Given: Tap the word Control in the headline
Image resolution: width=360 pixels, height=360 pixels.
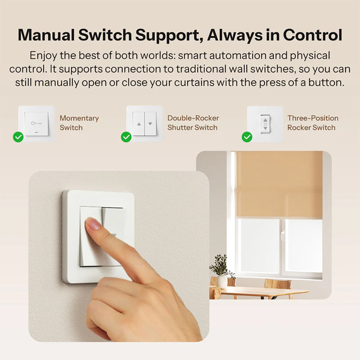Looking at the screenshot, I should pyautogui.click(x=312, y=35).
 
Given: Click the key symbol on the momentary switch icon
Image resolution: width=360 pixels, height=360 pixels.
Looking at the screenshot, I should pyautogui.click(x=36, y=123).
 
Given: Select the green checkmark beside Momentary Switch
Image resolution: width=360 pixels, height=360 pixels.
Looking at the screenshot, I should pyautogui.click(x=18, y=137).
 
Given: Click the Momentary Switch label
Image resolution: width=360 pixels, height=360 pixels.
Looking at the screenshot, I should pyautogui.click(x=79, y=123).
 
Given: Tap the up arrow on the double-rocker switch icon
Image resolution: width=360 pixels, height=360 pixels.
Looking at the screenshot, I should pyautogui.click(x=139, y=123).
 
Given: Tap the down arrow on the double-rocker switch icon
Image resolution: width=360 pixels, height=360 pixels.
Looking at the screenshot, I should pyautogui.click(x=150, y=123).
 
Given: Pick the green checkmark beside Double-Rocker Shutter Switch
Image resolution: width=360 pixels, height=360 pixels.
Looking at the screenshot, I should pyautogui.click(x=126, y=137).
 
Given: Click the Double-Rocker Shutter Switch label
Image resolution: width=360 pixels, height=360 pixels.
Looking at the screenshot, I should pyautogui.click(x=193, y=123).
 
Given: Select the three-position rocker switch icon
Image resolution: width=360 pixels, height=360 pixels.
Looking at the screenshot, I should pyautogui.click(x=265, y=124).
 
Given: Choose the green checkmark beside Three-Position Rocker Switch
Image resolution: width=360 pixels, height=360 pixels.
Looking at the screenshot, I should pyautogui.click(x=247, y=137).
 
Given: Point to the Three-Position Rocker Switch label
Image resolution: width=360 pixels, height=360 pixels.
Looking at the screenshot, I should pyautogui.click(x=312, y=123).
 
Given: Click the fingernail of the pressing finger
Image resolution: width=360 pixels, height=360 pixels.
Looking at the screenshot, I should pyautogui.click(x=93, y=224).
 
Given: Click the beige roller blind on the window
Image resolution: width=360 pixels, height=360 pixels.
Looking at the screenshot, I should pyautogui.click(x=279, y=184).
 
